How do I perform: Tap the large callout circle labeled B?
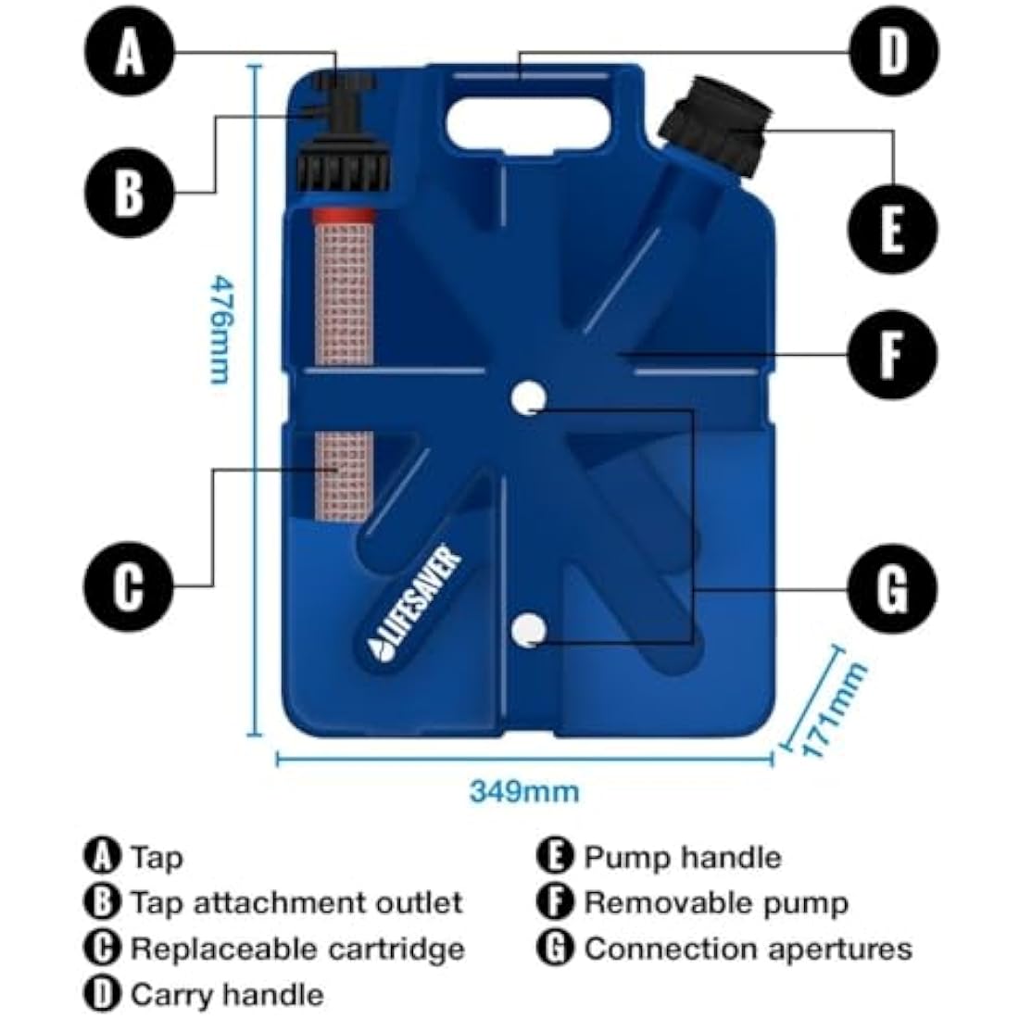[x=130, y=193]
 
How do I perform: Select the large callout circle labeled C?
[x=130, y=585]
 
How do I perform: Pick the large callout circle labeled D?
[x=892, y=52]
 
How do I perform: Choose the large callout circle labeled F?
[x=892, y=355]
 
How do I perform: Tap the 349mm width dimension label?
[x=523, y=792]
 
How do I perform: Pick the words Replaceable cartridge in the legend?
[x=296, y=949]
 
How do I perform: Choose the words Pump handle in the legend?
[x=682, y=858]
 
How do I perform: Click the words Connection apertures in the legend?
[x=748, y=949]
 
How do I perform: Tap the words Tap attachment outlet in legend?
[x=296, y=902]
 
